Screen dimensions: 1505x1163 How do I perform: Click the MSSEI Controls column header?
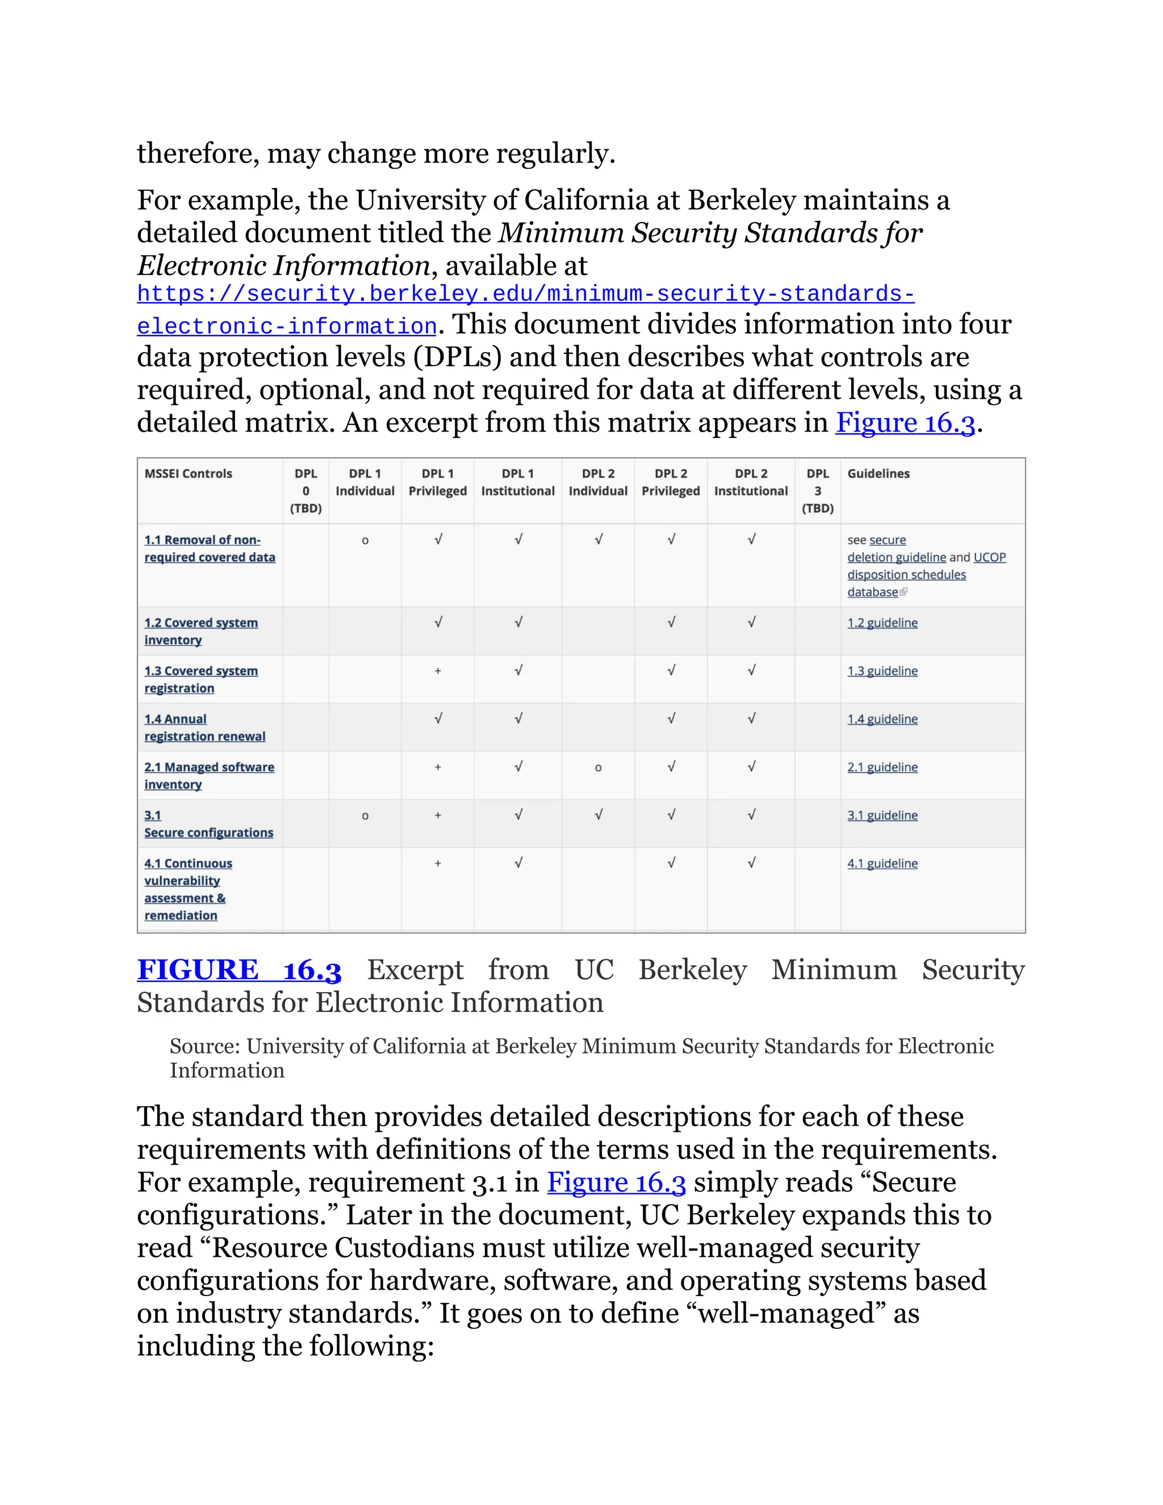[188, 474]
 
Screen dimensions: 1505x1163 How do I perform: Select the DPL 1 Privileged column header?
[437, 482]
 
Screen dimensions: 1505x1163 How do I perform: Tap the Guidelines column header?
[878, 474]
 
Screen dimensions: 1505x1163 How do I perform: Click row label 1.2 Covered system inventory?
[200, 631]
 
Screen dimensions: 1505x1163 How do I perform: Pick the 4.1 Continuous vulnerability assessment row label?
[187, 889]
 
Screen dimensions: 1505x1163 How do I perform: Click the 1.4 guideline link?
[882, 719]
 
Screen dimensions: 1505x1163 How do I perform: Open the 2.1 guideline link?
[882, 767]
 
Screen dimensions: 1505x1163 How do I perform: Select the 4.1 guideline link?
[882, 863]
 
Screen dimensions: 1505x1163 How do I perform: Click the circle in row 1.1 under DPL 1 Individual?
[365, 541]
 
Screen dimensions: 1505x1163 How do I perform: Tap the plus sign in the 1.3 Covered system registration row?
[437, 671]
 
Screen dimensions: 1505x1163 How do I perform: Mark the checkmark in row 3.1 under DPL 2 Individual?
[598, 815]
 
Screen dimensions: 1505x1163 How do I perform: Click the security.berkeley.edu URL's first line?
[525, 294]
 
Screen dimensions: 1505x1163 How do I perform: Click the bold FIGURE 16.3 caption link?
[239, 970]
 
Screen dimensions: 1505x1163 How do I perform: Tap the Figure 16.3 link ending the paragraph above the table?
[905, 423]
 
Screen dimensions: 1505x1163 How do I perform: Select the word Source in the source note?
[204, 1046]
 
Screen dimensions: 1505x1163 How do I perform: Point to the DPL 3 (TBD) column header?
[817, 491]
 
